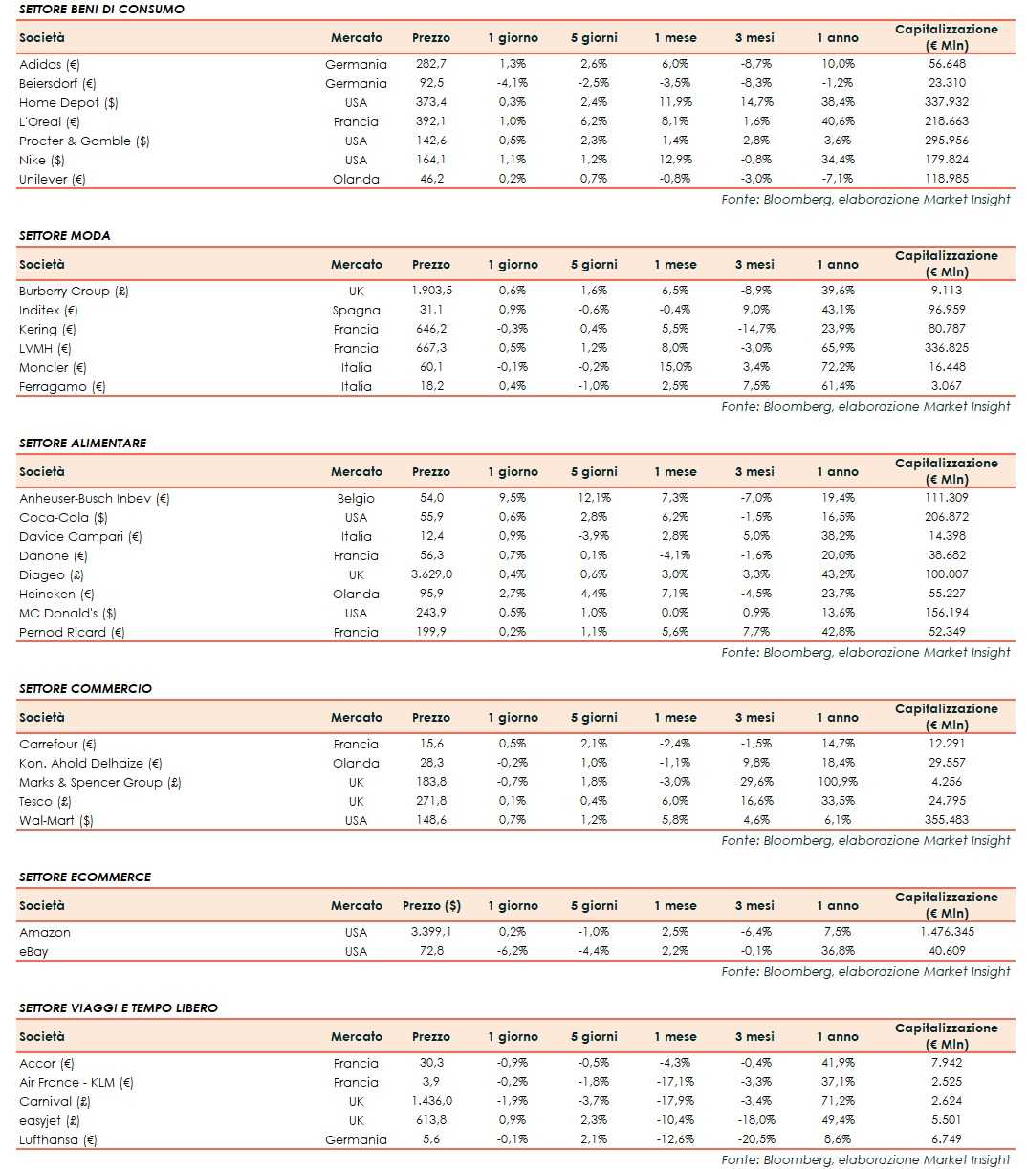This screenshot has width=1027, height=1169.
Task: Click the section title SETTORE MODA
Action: pos(64,235)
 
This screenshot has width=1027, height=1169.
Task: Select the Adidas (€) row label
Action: pos(50,64)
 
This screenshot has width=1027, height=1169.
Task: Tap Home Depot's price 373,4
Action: pos(430,102)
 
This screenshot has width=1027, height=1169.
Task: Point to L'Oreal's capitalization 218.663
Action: pos(946,121)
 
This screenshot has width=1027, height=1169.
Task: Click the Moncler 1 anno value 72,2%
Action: pos(835,367)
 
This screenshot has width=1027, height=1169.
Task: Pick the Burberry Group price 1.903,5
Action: pos(430,291)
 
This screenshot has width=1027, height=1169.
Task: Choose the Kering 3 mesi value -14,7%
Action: pos(754,329)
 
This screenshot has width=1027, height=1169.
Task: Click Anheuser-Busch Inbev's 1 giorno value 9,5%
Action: pos(513,498)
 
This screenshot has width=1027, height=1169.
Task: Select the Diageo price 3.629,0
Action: pos(430,574)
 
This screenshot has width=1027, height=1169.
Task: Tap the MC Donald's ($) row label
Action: pos(67,613)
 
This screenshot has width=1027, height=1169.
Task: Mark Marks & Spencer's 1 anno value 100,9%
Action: pos(835,782)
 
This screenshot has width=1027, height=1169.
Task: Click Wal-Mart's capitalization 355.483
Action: pos(946,820)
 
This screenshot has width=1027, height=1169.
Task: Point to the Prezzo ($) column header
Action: pos(431,905)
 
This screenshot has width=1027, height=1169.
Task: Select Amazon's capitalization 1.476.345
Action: pos(946,932)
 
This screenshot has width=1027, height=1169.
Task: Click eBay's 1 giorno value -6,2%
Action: pos(513,951)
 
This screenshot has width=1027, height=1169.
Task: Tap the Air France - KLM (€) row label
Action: pos(76,1082)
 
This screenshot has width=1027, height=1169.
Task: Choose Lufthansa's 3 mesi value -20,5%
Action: pos(754,1139)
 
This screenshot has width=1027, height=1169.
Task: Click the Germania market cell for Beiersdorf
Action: pos(356,83)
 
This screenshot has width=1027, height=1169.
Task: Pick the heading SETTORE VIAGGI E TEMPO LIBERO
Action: pos(118,1007)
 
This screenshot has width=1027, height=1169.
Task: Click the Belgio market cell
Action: pos(356,498)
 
